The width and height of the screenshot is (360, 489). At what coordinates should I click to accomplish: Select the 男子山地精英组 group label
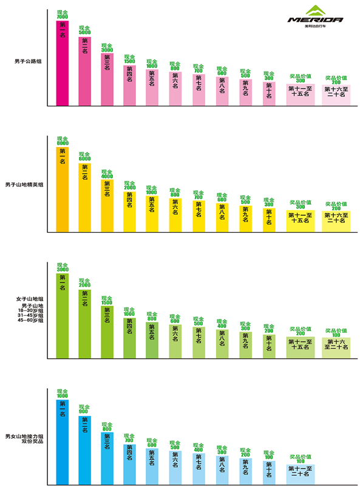pos(25,184)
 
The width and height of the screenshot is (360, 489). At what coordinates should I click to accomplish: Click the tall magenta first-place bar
pos(63,63)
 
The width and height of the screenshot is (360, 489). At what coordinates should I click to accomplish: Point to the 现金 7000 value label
pos(63,15)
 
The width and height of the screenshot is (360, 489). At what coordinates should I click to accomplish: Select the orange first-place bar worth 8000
pos(63,189)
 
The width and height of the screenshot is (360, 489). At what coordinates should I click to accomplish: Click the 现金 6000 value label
pos(85,157)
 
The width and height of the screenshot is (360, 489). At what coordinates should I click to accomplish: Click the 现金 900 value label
pos(85,409)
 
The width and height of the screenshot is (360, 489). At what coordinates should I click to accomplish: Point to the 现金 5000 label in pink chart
pos(85,30)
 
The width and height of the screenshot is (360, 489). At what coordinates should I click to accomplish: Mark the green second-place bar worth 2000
pos(85,323)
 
